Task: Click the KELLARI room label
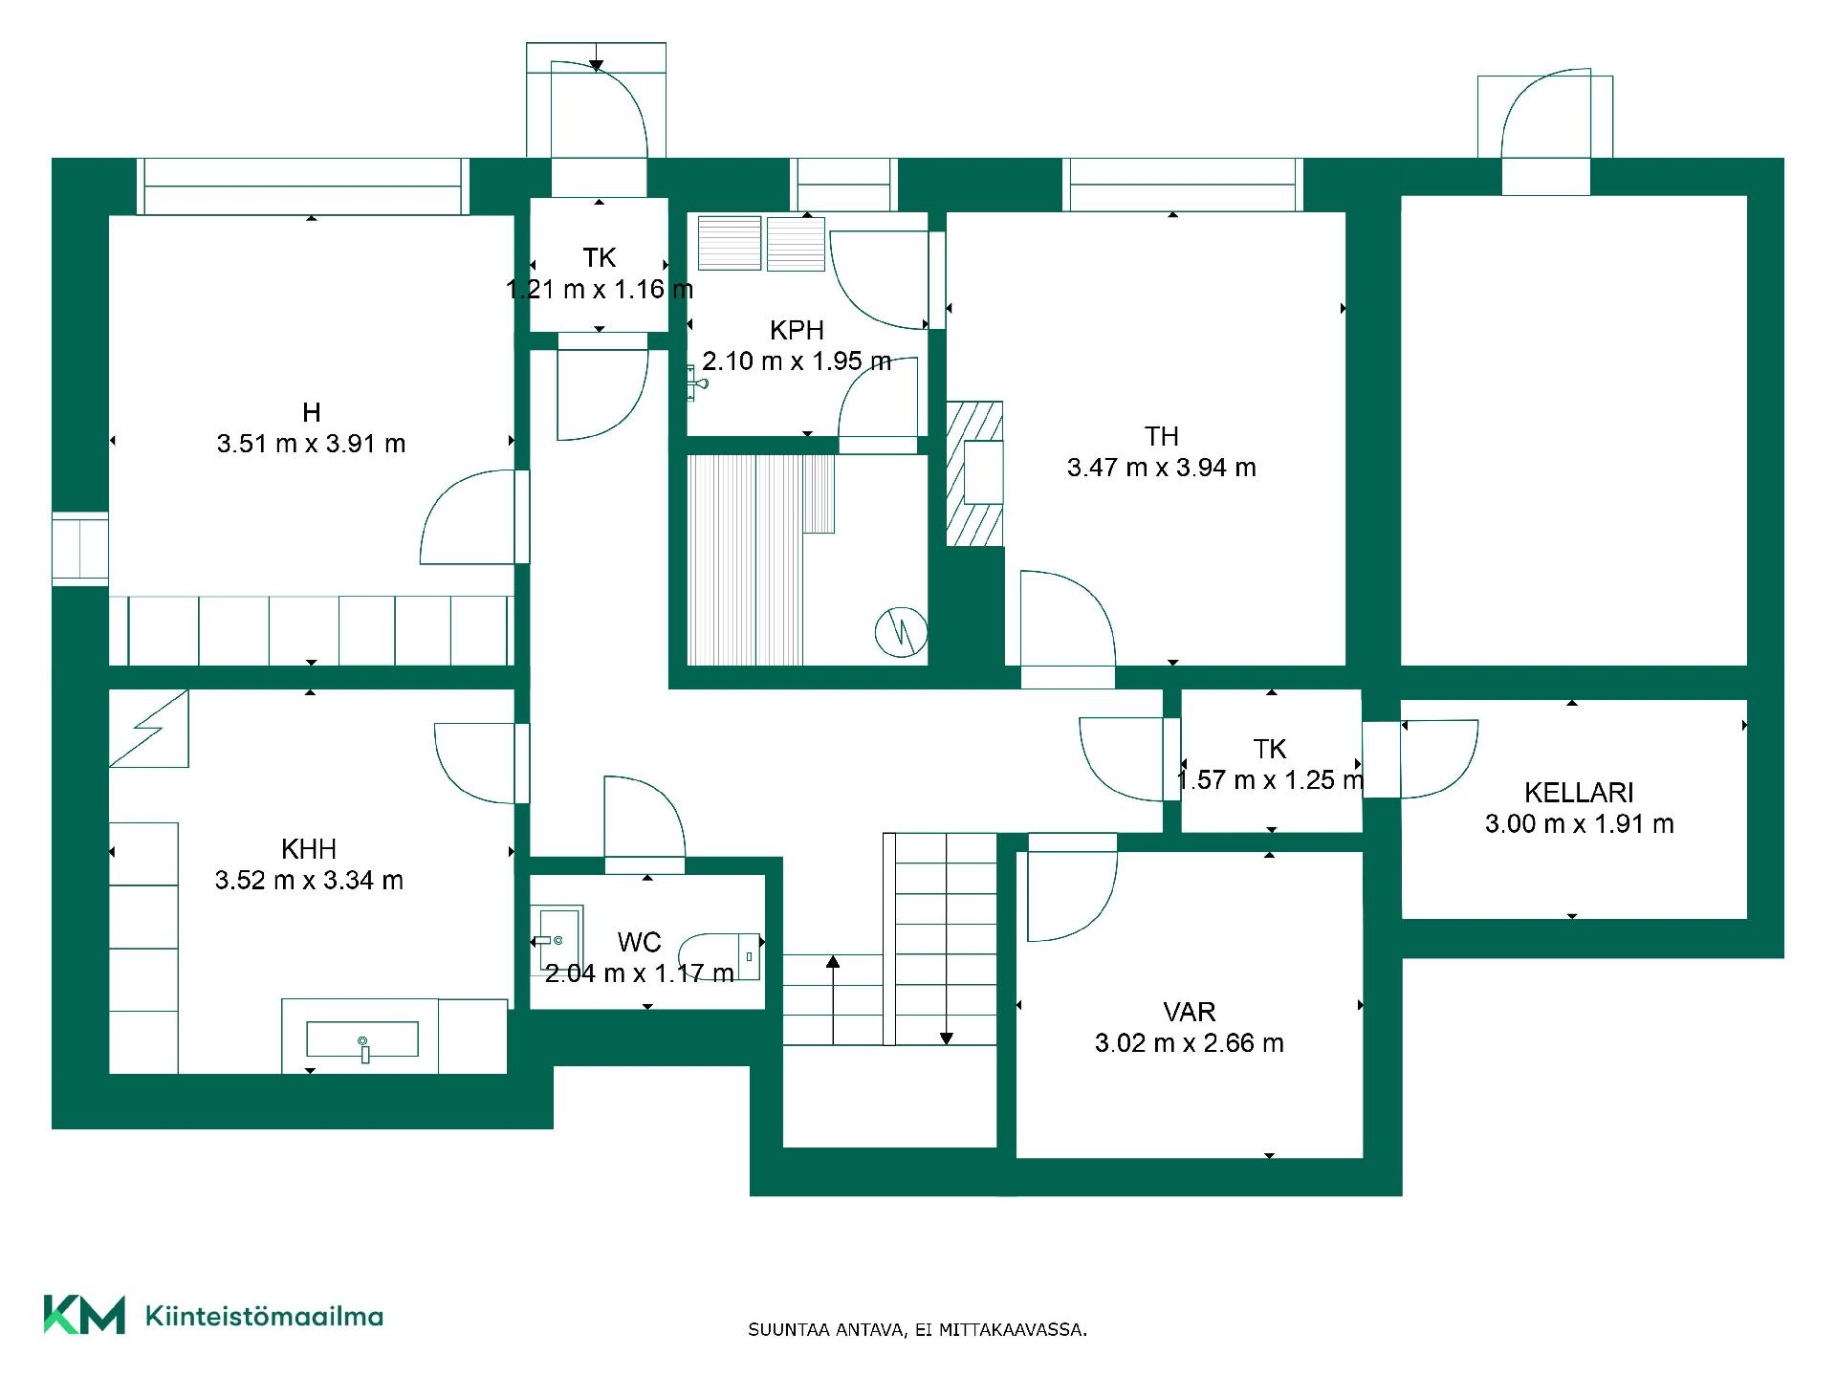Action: point(1579,793)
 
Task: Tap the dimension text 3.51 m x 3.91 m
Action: point(311,444)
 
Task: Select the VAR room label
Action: point(1190,1012)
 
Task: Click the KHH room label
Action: point(309,849)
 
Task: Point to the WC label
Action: point(639,943)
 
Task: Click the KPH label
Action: point(797,331)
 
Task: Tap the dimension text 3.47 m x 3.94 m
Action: point(1162,468)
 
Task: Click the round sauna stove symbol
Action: point(901,632)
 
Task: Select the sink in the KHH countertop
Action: point(361,1039)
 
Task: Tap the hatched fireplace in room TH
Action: point(974,473)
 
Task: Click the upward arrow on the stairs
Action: point(833,999)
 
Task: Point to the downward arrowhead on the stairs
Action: point(946,1038)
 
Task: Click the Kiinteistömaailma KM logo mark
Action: point(84,1315)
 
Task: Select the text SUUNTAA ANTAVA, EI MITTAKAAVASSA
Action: point(917,1329)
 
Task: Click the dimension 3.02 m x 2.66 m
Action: point(1190,1043)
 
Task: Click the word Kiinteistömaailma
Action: point(264,1316)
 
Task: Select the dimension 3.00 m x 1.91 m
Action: point(1579,824)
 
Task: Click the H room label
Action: point(311,412)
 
